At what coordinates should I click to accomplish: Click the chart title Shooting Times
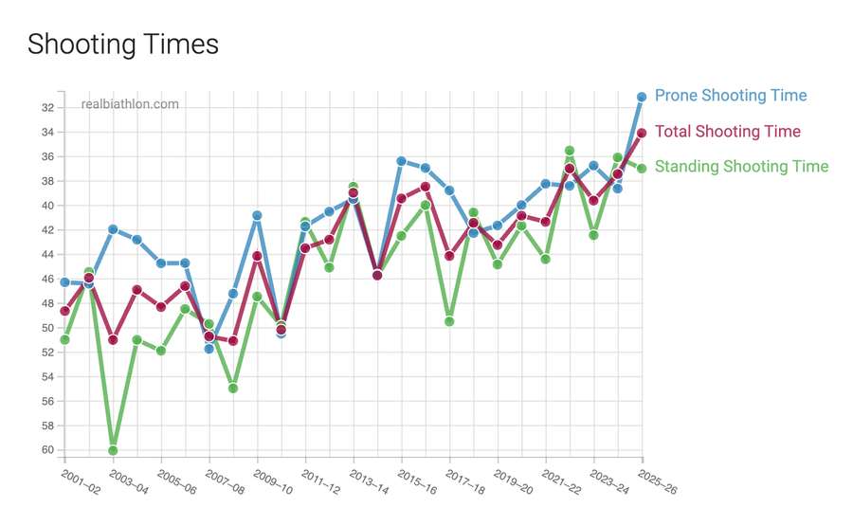122,44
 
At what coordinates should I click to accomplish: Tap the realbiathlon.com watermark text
130,104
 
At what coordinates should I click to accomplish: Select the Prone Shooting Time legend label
731,96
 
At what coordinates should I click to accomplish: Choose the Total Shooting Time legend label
728,132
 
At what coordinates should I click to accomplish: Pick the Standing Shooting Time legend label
742,167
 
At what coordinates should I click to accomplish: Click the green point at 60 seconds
113,450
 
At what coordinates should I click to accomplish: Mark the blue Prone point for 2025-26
642,97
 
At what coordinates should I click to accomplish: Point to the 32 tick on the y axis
46,107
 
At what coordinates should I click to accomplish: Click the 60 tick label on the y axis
46,450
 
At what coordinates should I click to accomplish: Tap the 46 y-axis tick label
46,279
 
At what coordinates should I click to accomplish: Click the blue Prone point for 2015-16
401,161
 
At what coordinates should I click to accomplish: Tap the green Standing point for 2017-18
449,321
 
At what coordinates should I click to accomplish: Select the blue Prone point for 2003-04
113,229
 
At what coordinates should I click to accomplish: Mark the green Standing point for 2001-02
64,339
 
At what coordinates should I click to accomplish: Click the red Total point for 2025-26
642,133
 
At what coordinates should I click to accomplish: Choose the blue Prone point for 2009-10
257,216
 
